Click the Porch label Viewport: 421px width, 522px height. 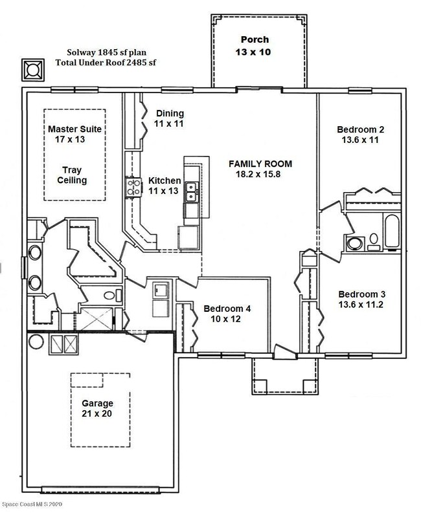coord(255,39)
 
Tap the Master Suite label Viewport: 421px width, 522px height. coord(74,129)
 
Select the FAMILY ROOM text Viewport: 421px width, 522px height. coord(260,164)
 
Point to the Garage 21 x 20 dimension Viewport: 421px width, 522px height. coord(97,414)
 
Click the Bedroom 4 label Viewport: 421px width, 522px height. coord(227,309)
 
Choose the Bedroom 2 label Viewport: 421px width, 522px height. coord(360,129)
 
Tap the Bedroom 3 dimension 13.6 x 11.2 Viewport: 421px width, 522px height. coord(361,305)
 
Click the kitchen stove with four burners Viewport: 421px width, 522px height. coord(133,187)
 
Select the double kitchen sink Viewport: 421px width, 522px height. coord(192,191)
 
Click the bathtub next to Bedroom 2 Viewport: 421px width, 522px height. coord(392,232)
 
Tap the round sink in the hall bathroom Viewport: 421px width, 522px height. coord(354,243)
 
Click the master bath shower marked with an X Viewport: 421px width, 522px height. coord(97,319)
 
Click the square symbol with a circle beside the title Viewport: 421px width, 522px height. coord(33,70)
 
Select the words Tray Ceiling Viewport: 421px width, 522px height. coord(72,175)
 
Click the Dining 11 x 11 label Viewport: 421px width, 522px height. coord(169,118)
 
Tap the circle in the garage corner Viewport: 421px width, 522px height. coord(36,342)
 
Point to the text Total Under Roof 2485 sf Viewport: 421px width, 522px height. coord(106,63)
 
